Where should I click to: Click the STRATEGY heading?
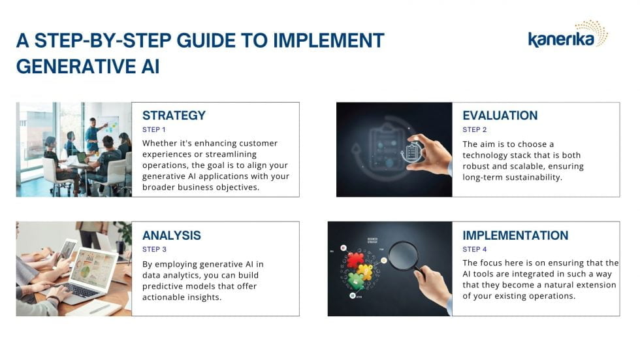click(x=174, y=116)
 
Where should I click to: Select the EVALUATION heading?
click(x=500, y=116)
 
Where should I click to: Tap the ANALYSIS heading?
click(x=171, y=235)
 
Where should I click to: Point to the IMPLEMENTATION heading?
click(x=515, y=235)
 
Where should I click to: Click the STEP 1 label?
click(x=154, y=130)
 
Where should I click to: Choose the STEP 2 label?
click(x=474, y=130)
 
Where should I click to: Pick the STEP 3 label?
click(x=154, y=250)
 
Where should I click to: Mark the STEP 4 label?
click(x=474, y=250)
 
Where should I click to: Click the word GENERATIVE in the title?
click(x=76, y=67)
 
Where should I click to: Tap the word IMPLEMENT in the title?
click(x=328, y=41)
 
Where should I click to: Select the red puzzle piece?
click(x=355, y=259)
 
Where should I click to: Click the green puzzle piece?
click(x=355, y=280)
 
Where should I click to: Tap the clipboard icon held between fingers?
click(x=412, y=152)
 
